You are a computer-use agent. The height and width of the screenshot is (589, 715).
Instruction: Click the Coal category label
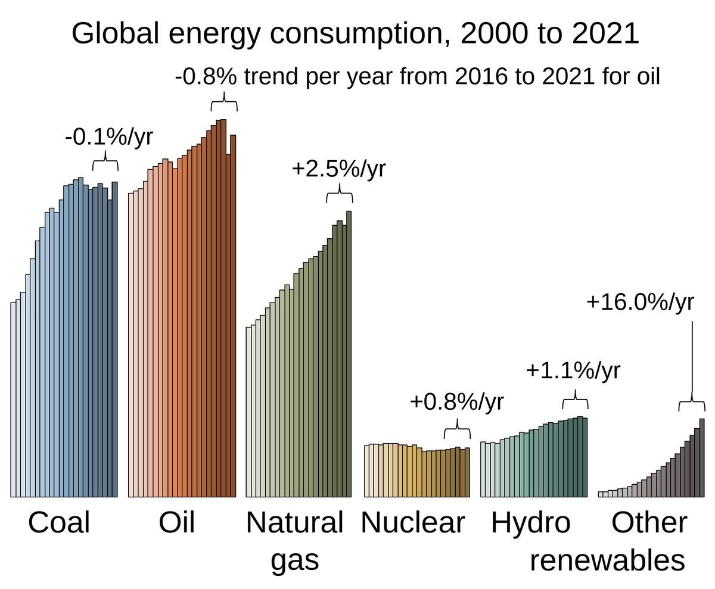tap(59, 523)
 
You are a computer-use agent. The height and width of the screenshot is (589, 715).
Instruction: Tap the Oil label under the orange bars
tap(177, 523)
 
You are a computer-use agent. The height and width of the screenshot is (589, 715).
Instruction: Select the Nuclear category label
tap(412, 523)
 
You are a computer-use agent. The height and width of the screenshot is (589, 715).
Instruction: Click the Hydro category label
tap(530, 523)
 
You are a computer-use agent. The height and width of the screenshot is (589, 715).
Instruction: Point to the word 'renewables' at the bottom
tap(607, 560)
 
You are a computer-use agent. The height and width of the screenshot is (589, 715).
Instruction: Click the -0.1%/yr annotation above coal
tap(108, 137)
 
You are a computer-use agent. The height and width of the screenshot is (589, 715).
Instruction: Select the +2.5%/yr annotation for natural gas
tap(338, 169)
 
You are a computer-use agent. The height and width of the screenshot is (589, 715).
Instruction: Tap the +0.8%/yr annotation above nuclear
tap(456, 402)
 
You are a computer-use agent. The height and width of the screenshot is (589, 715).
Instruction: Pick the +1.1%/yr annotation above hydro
tap(573, 370)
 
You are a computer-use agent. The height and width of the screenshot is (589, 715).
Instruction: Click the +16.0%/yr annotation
tap(640, 303)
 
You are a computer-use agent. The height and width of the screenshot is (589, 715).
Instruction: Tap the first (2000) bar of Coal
tap(13, 400)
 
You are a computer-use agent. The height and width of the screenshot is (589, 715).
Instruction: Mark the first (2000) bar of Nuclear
tap(367, 471)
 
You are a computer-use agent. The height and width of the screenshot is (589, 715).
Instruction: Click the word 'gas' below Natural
tap(294, 560)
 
